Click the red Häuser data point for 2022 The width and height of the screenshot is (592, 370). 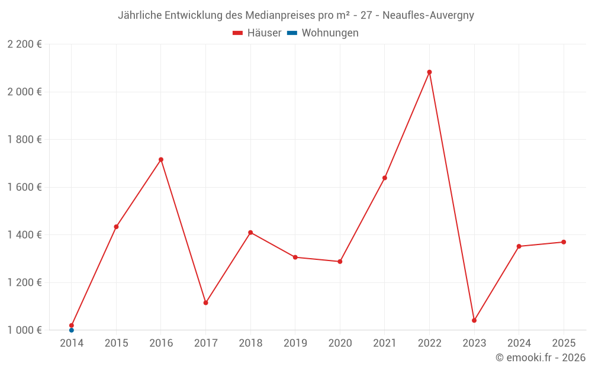click(429, 72)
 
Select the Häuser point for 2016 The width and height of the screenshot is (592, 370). click(161, 159)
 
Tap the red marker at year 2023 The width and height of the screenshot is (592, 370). click(474, 320)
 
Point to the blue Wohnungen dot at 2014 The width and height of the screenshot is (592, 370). click(72, 330)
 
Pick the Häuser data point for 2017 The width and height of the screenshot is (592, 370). click(205, 303)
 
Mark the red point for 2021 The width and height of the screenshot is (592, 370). click(385, 178)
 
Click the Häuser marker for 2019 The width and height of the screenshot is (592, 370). click(295, 257)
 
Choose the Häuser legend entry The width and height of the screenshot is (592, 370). click(258, 33)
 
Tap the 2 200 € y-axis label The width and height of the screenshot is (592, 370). click(24, 44)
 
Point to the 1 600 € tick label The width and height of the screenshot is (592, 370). click(24, 187)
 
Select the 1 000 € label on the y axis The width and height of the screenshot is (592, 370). click(24, 330)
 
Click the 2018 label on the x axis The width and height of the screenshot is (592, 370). click(250, 343)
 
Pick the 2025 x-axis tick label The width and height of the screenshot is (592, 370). click(564, 343)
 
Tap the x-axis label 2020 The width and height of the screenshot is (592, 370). click(340, 343)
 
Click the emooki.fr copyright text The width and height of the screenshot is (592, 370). click(540, 358)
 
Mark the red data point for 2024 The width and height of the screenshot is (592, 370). click(519, 246)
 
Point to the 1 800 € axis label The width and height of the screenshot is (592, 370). click(24, 140)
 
